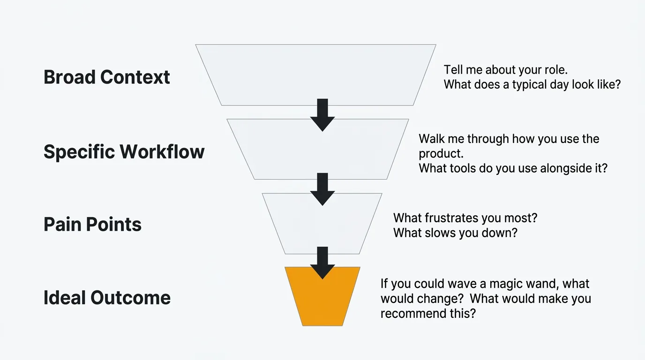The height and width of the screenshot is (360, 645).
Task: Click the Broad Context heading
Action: point(107,77)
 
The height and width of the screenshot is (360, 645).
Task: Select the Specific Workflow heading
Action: point(124,152)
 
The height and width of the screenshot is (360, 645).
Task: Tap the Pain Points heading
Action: point(93,225)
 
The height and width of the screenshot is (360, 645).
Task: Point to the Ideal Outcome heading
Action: point(107,298)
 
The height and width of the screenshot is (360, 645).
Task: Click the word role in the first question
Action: point(556,70)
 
